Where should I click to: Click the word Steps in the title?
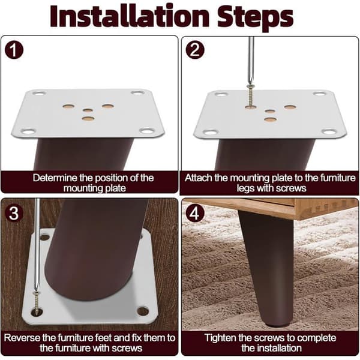[x=256, y=18]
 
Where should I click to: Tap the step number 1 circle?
[x=14, y=50]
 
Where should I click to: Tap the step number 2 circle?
[x=195, y=50]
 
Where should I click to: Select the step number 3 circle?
[x=14, y=213]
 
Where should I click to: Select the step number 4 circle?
[x=195, y=213]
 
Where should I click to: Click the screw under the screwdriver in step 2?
[x=250, y=95]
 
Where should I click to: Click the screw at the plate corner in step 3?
[x=37, y=302]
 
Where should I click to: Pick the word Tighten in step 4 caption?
[x=220, y=338]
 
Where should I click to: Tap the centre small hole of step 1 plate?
[x=88, y=110]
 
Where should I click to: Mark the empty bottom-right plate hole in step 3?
[x=143, y=311]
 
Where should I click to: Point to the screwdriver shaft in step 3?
[x=37, y=245]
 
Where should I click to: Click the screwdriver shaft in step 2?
[x=251, y=60]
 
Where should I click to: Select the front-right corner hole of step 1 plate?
[x=147, y=131]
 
